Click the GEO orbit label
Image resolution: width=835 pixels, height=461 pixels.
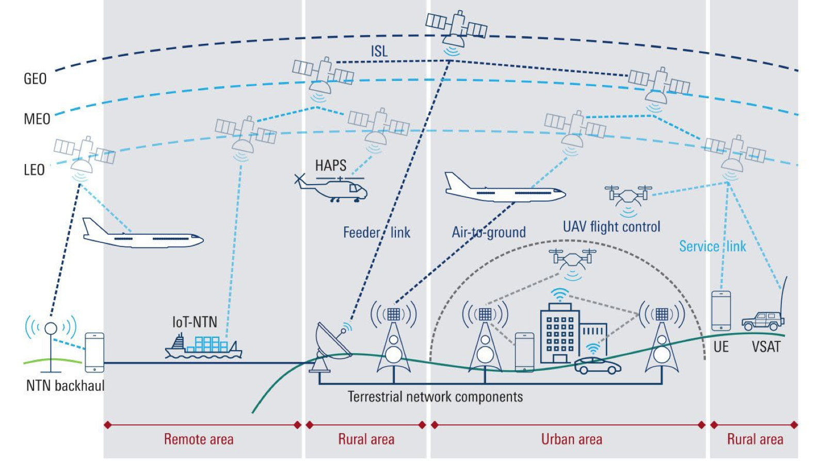35,79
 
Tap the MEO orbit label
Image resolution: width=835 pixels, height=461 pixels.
37,119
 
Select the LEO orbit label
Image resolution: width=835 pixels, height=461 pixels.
34,170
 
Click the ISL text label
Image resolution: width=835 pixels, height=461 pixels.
379,51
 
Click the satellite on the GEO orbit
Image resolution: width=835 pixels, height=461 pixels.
456,28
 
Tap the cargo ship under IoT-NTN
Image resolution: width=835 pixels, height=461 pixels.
203,347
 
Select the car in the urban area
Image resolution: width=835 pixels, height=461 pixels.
598,366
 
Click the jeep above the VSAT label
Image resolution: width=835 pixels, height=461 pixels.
763,321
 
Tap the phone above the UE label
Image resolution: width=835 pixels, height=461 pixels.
721,310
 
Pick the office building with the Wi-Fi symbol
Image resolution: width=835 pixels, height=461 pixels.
560,333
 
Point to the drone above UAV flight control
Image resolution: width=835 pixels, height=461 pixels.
628,195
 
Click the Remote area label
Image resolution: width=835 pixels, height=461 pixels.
199,439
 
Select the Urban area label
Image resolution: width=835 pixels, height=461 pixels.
571,439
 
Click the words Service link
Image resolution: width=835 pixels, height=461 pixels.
712,246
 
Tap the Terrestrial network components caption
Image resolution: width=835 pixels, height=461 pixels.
435,397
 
